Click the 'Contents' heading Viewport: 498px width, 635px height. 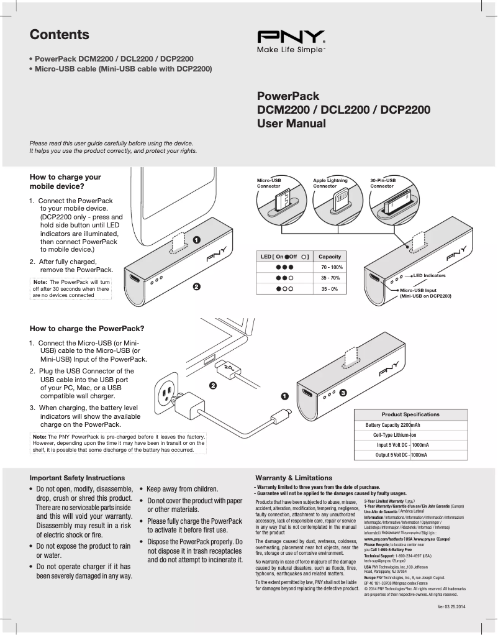click(x=60, y=35)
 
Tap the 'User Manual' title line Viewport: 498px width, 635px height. click(x=291, y=124)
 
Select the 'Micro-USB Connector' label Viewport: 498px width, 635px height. click(x=269, y=183)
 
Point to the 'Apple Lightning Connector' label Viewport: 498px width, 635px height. click(x=330, y=183)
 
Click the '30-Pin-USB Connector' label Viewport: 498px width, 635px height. click(x=383, y=183)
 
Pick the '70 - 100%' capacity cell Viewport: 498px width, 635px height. click(x=332, y=267)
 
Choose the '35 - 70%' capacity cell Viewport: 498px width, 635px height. click(x=330, y=278)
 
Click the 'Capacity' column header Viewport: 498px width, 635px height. click(x=330, y=256)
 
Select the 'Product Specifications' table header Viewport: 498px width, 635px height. click(x=410, y=414)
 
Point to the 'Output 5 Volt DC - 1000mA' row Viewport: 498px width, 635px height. click(x=401, y=455)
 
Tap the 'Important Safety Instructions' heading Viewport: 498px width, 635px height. click(x=77, y=478)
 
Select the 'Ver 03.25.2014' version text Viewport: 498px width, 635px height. click(x=451, y=606)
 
